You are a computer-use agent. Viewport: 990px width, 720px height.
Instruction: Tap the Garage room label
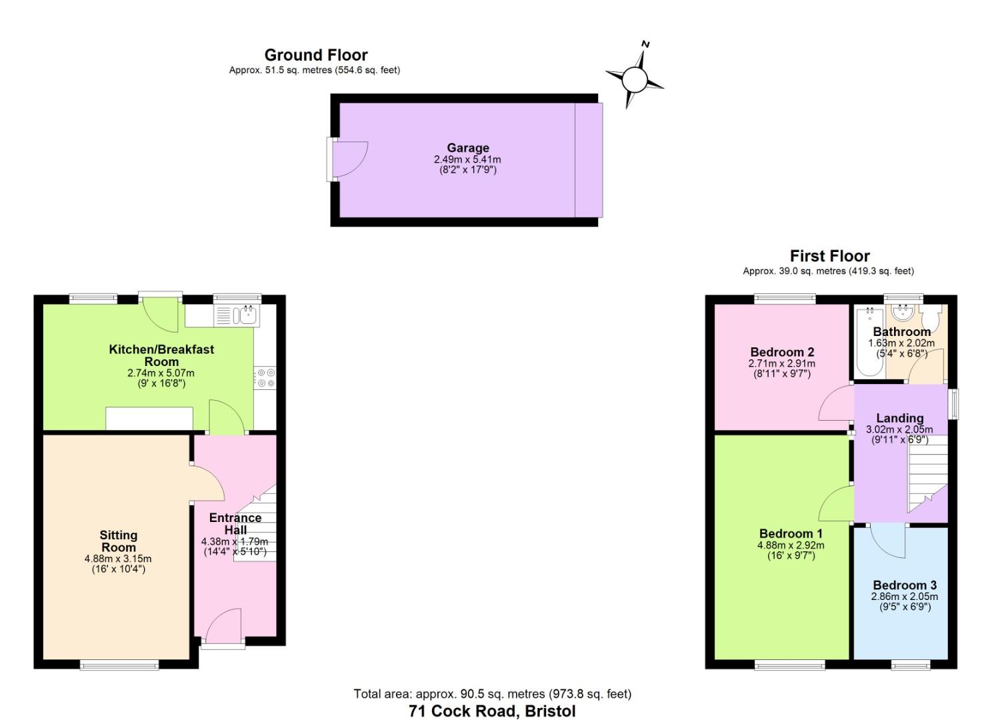click(467, 148)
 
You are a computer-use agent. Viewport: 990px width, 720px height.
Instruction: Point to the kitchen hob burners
click(265, 378)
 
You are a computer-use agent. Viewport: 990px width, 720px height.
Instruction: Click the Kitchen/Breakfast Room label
click(161, 355)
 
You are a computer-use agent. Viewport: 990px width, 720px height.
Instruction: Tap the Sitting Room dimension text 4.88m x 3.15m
click(118, 559)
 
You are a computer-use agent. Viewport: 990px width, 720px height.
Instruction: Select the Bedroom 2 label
click(781, 352)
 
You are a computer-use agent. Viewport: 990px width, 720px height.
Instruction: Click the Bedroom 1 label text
click(791, 533)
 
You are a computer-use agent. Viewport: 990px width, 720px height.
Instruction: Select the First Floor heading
click(829, 256)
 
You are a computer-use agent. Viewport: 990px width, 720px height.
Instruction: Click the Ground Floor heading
click(315, 55)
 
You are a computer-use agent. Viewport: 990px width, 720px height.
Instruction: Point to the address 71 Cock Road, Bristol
click(492, 711)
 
